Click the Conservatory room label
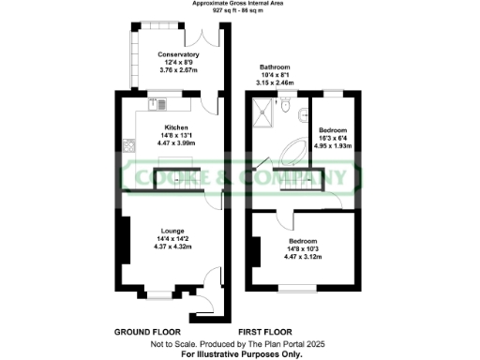tap(177, 54)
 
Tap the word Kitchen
tap(176, 127)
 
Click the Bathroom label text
tap(275, 67)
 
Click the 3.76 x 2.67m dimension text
tap(177, 68)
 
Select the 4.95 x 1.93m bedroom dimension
tap(333, 146)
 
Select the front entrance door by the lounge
tap(201, 305)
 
